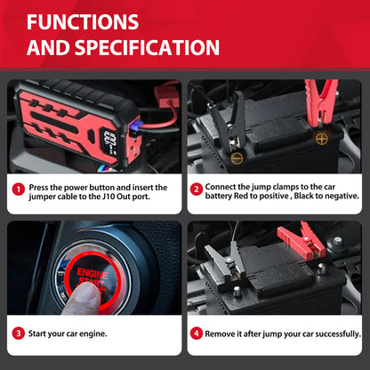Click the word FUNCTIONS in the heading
click(83, 22)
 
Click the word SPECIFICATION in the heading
click(147, 47)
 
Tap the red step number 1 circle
click(19, 189)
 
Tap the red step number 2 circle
click(197, 189)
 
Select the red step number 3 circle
click(19, 334)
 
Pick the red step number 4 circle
click(197, 334)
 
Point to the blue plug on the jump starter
click(134, 127)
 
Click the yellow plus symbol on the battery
click(321, 139)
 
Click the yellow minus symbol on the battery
click(237, 158)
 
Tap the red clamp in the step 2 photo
click(321, 102)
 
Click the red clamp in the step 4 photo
click(302, 241)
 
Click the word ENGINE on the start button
click(92, 273)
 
